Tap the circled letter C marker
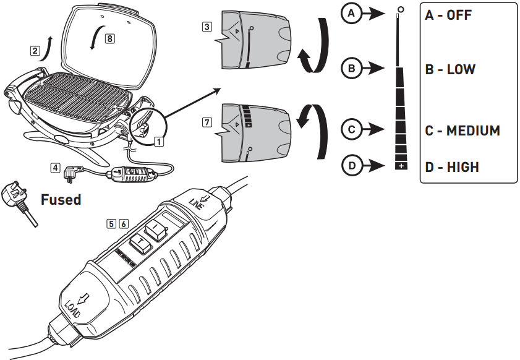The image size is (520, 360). point(351,130)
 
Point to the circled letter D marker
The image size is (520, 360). point(351,165)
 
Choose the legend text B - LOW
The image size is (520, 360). point(450,69)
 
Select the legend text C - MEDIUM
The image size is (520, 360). point(462,131)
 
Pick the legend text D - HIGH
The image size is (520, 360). point(452,166)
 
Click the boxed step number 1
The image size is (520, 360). point(159,140)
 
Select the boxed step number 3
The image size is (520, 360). point(207,27)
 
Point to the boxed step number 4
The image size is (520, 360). point(56,166)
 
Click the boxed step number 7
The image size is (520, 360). point(207,122)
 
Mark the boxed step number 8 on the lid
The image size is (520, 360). point(109,38)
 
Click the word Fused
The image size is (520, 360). point(61,200)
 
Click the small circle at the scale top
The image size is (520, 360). point(401,10)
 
